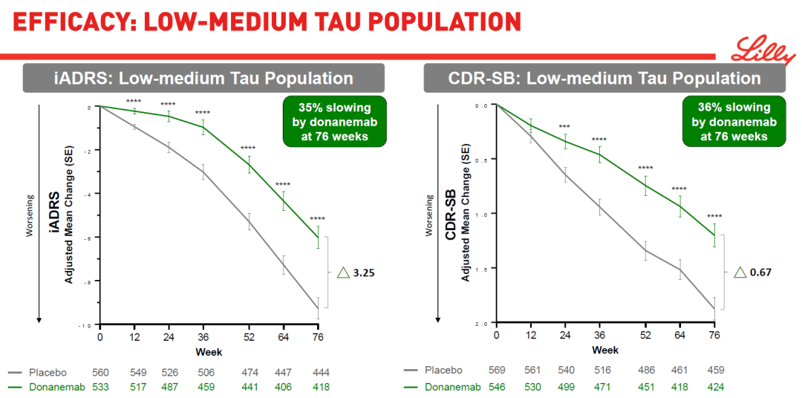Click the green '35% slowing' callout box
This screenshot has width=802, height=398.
(333, 120)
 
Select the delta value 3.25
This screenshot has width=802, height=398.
(363, 273)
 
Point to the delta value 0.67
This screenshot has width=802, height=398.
(760, 272)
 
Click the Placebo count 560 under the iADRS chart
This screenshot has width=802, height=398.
(100, 372)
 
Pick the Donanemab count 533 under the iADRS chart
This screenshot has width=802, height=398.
(100, 387)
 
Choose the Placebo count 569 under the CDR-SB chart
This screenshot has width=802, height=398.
(498, 370)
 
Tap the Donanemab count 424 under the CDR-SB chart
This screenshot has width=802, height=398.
(714, 386)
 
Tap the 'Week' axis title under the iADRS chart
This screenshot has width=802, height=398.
(209, 351)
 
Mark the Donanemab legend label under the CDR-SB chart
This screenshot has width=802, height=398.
(453, 386)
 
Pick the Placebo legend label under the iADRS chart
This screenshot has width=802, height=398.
(48, 372)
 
